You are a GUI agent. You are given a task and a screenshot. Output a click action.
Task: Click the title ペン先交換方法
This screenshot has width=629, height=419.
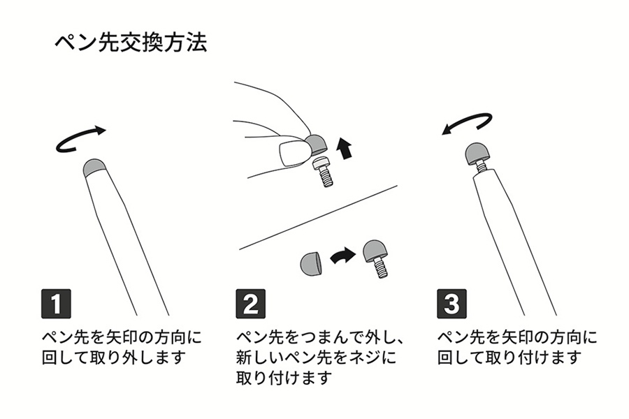coord(130,43)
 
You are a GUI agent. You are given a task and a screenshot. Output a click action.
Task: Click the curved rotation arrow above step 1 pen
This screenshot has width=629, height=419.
coord(81,138)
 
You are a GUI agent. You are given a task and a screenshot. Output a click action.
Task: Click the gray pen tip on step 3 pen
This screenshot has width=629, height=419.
coord(479,154)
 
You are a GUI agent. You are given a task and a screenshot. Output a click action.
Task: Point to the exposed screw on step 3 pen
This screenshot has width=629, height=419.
coord(482,168)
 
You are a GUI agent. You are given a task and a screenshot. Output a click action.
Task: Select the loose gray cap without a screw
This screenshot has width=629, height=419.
coord(310,262)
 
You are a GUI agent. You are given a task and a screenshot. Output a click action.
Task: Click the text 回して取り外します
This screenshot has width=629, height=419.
coord(113,358)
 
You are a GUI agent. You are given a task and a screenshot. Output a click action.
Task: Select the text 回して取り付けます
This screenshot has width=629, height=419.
coord(509,358)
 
